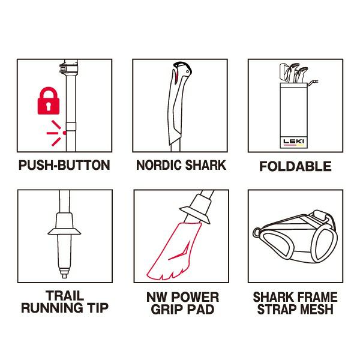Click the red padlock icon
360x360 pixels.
coord(49,101)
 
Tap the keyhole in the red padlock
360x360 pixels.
coord(49,106)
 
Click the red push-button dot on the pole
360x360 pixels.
coord(65,133)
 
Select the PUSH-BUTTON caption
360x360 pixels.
coord(64,166)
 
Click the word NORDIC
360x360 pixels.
coord(159,165)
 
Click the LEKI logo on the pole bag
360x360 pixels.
coord(293,141)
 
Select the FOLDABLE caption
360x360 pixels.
coord(295,166)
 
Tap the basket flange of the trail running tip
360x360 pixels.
coord(64,232)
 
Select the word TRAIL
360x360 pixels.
coord(65,296)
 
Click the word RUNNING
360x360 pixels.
coord(52,308)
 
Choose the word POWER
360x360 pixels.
coord(196,297)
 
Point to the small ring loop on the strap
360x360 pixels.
coord(257,233)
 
